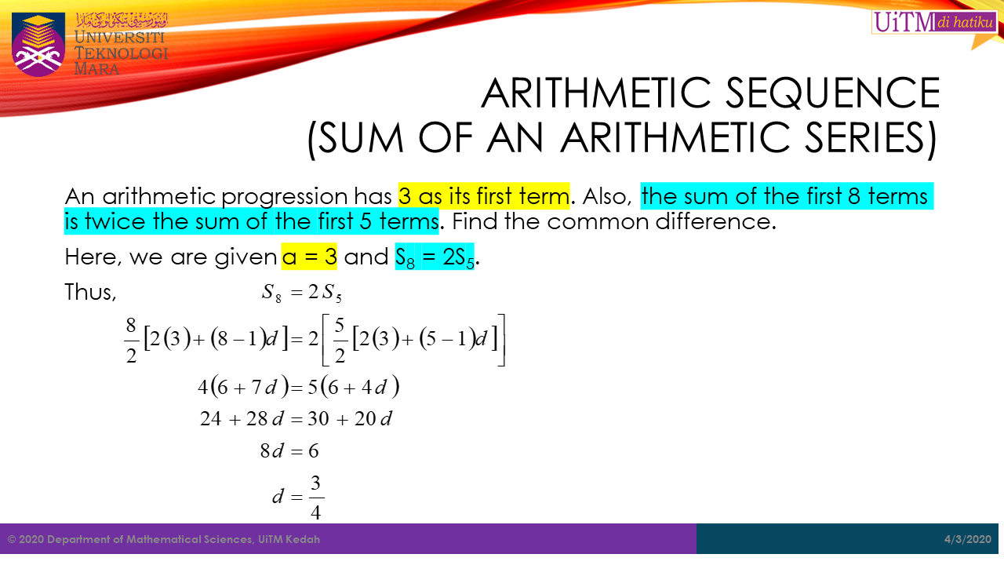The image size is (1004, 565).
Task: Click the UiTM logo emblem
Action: (x=38, y=44)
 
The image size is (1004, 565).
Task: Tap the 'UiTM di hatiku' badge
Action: (x=933, y=22)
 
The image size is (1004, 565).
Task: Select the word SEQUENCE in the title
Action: (x=848, y=93)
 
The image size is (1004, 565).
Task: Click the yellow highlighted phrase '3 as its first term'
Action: (x=484, y=195)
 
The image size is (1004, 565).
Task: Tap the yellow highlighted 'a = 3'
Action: (x=309, y=257)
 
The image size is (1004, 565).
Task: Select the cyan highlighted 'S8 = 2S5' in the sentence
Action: (x=435, y=257)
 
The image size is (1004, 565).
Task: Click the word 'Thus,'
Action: (x=90, y=292)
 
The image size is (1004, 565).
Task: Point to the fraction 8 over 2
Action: (x=130, y=339)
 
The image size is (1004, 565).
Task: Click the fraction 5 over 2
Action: (x=340, y=339)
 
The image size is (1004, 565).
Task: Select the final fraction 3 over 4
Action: (x=316, y=497)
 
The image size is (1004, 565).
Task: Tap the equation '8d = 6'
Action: (x=289, y=451)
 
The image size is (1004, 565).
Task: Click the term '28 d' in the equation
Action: (x=264, y=419)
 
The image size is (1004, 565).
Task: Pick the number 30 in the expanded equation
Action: (x=318, y=419)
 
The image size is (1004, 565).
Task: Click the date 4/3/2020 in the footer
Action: (x=968, y=539)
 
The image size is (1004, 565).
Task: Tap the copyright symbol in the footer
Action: (x=12, y=539)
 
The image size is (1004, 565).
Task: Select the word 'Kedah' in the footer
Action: (x=304, y=539)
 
